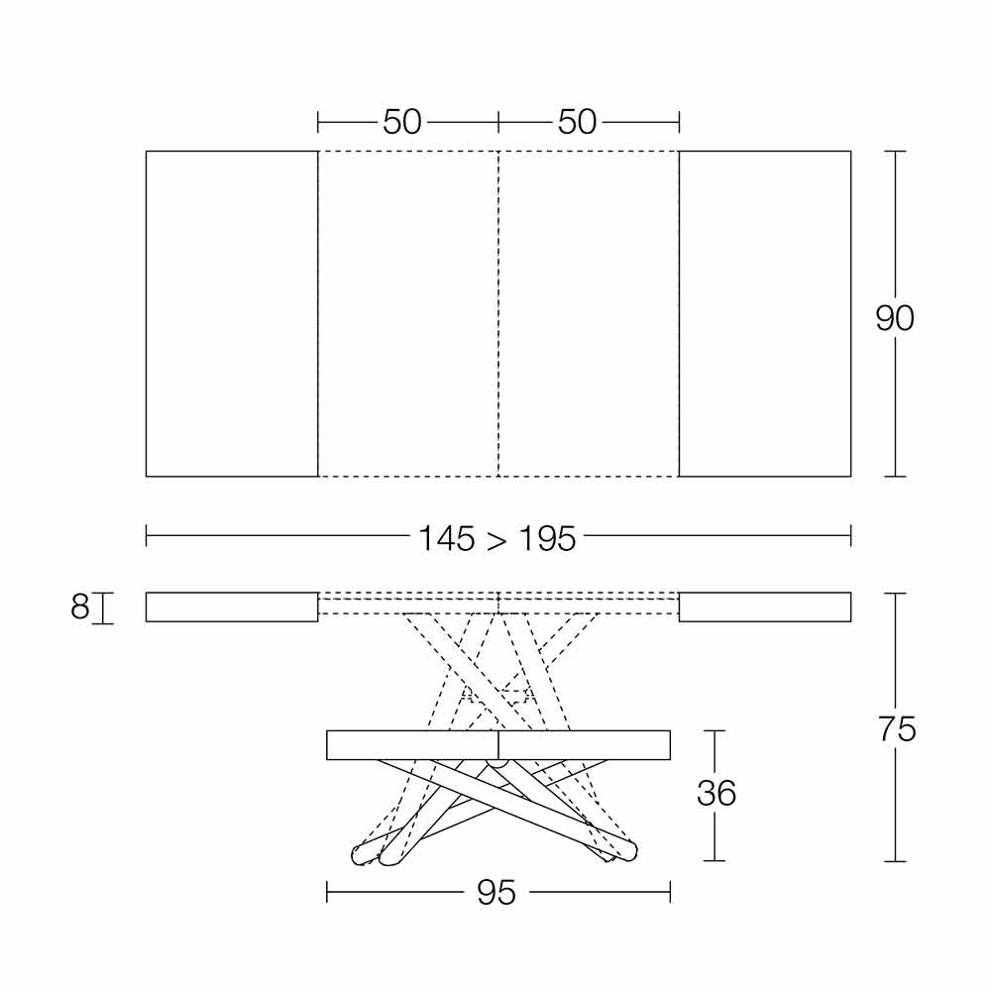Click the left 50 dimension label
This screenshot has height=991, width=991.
[x=402, y=121]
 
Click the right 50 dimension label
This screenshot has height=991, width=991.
[x=577, y=121]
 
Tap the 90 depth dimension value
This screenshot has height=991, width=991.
[x=894, y=318]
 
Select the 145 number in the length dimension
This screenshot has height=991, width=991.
[x=446, y=539]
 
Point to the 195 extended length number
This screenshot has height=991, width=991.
[x=547, y=539]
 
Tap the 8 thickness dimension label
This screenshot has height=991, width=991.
[x=79, y=607]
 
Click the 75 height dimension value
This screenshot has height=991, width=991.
[x=897, y=729]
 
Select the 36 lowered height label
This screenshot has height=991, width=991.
[x=716, y=793]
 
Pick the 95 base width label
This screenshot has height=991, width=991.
[x=496, y=893]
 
